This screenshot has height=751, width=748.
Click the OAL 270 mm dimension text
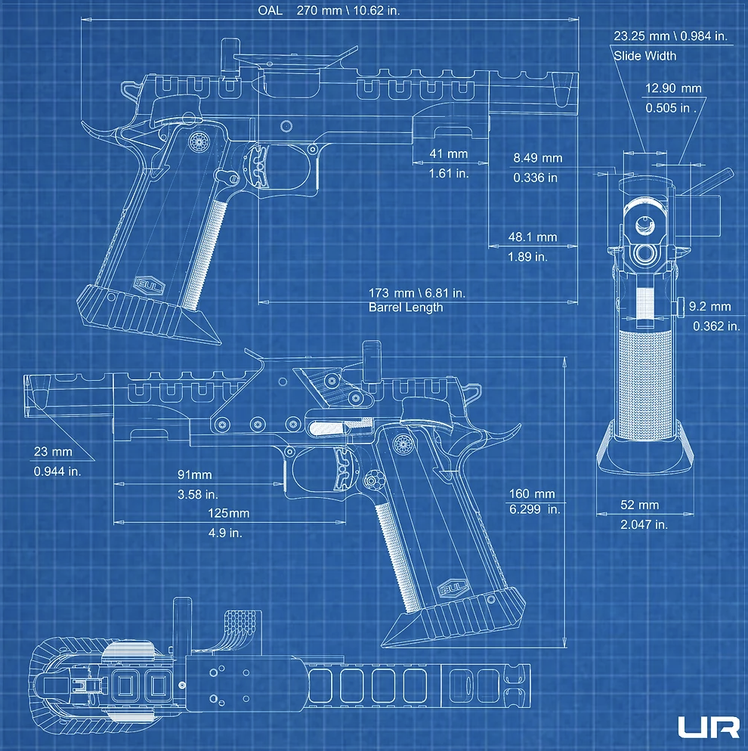point(329,11)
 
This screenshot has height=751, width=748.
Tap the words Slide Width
point(645,56)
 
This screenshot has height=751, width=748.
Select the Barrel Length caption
point(406,308)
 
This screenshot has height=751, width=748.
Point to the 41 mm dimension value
point(449,153)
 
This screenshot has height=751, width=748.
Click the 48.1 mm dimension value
point(533,237)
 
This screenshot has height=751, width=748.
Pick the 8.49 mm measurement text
point(538,158)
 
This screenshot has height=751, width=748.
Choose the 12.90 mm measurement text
point(673,88)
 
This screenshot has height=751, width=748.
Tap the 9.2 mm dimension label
point(709,307)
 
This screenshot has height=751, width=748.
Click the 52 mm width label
point(640,505)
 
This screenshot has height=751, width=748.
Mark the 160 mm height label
point(532,494)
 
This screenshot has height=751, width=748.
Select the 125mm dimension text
point(228,514)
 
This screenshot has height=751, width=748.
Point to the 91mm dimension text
point(194,474)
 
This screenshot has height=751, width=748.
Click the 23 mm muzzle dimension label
point(53,452)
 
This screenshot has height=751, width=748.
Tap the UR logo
point(709,727)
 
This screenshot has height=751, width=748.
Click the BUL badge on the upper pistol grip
point(150,286)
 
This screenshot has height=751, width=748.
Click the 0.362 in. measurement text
point(716,326)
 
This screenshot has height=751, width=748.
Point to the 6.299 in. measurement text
point(534,509)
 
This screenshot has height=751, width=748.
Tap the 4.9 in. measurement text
point(225,533)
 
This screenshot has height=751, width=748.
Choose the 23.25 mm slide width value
point(641,36)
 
